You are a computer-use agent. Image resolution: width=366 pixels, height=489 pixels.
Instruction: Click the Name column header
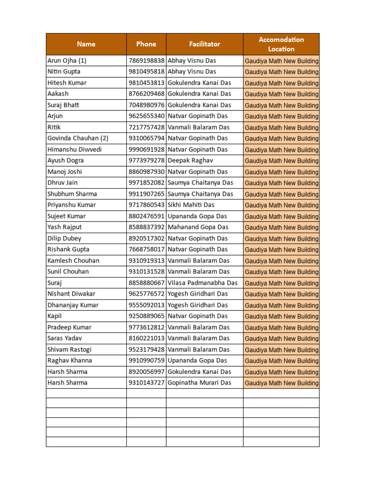tap(86, 44)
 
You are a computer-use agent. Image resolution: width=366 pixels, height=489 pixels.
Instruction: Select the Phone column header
tap(146, 44)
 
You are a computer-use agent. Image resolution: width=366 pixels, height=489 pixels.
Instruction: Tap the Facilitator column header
tap(204, 44)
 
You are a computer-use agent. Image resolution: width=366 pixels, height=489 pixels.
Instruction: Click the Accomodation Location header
tap(281, 44)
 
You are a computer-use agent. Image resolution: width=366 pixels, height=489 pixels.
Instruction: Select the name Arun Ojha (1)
tap(67, 61)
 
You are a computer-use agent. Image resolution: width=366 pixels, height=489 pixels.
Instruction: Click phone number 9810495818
tap(146, 72)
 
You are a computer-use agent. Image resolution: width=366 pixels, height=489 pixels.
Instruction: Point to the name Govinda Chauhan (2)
tap(78, 138)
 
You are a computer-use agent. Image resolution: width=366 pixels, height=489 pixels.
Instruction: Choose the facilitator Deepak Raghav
tap(190, 160)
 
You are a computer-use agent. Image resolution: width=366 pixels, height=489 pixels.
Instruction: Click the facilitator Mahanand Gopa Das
tap(198, 227)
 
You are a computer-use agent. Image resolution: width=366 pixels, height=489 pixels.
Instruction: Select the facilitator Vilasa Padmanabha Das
tap(202, 283)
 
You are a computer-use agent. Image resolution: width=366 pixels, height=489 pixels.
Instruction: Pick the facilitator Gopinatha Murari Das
tap(199, 383)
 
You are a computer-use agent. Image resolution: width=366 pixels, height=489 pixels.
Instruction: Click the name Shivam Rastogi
tap(69, 350)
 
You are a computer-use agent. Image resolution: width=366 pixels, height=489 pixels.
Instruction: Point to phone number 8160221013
tap(146, 338)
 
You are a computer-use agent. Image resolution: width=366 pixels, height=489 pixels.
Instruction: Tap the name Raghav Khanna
tap(70, 361)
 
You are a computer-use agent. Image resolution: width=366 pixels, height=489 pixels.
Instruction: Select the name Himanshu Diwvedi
tap(74, 149)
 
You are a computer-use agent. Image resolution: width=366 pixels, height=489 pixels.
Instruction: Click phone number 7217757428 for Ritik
tap(146, 127)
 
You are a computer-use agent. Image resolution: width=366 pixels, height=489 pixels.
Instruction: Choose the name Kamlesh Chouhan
tap(73, 261)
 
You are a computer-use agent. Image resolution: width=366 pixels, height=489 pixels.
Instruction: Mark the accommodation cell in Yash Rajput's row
tap(281, 228)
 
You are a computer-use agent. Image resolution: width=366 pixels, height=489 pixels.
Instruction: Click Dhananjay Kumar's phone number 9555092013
tap(146, 305)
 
